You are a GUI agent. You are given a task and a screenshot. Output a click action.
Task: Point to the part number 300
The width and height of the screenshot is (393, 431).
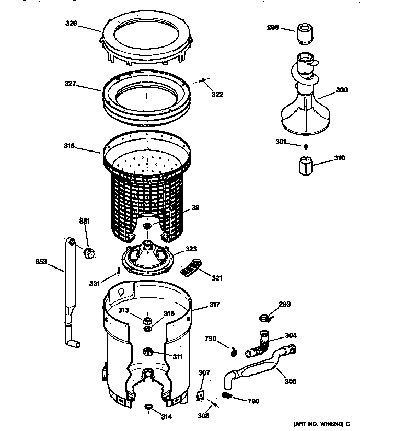point(341,90)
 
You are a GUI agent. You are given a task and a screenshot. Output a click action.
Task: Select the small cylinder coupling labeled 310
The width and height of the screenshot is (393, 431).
point(304,166)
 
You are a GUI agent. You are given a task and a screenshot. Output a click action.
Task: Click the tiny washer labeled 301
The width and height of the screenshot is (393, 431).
point(306,146)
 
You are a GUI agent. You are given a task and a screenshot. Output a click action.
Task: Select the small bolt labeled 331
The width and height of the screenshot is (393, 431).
point(119,271)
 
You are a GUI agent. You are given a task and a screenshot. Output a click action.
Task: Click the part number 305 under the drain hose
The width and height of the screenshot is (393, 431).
point(290,381)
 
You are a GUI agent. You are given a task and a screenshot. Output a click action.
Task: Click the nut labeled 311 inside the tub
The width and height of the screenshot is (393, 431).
point(148,351)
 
